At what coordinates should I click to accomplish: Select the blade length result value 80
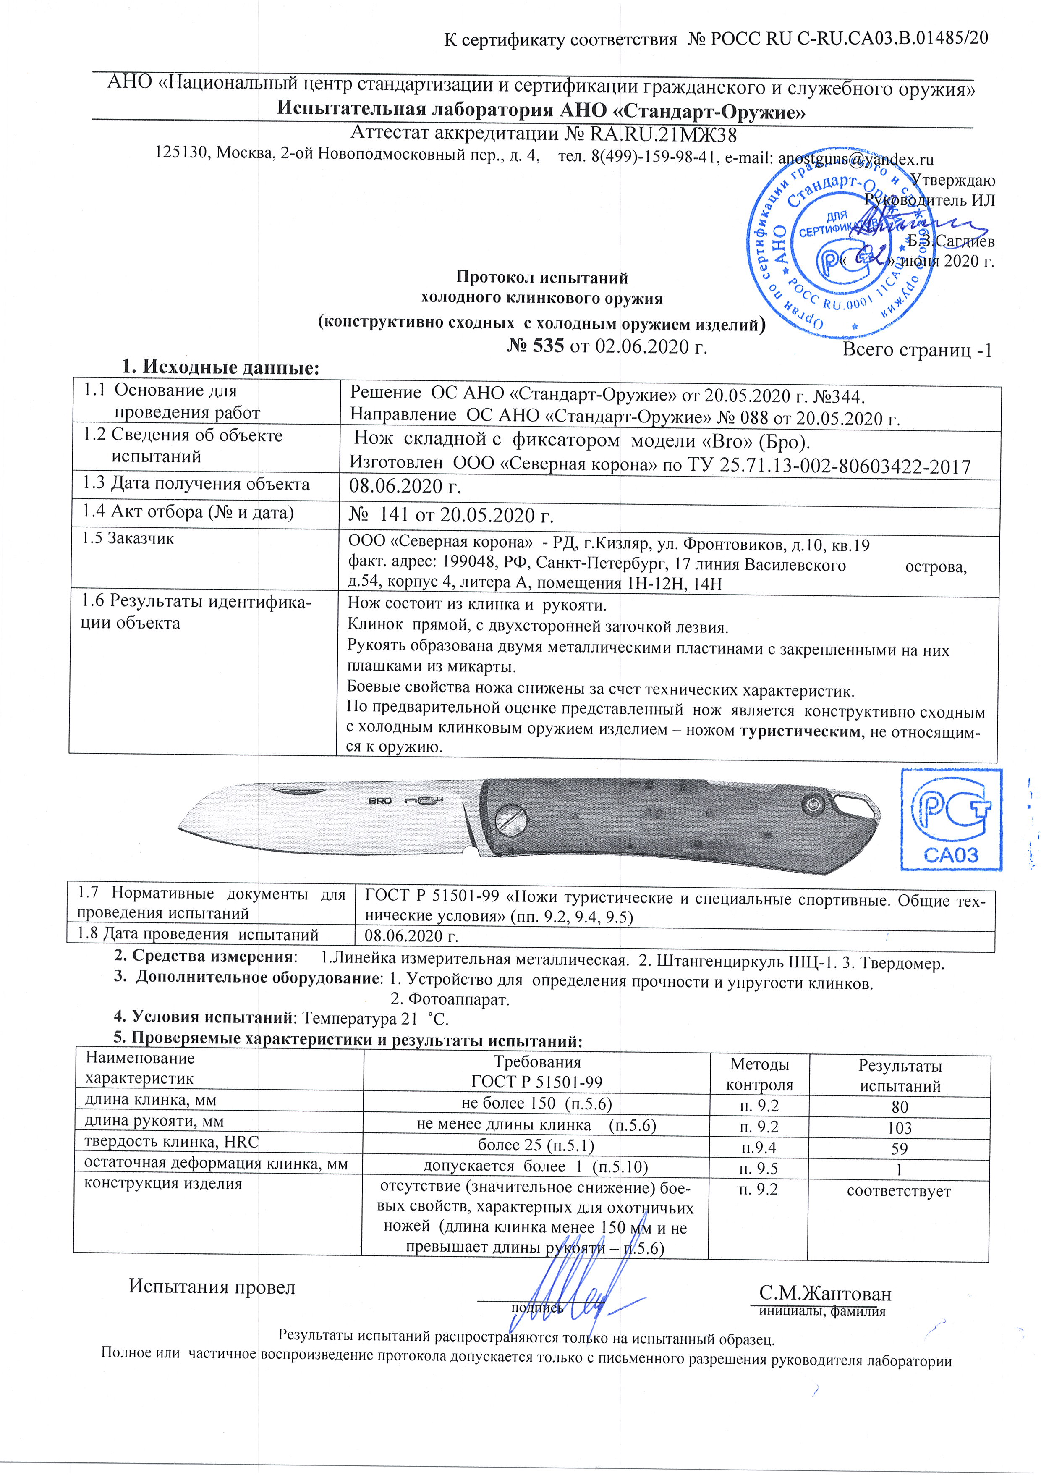click(900, 1106)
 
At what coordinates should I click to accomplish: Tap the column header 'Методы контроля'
click(759, 1074)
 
